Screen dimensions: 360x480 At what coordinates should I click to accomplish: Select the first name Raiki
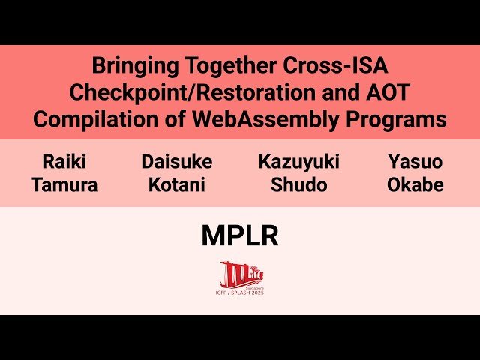coord(64,161)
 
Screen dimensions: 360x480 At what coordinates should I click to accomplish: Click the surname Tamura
coord(64,184)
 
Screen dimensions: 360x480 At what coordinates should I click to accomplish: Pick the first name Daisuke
coord(176,161)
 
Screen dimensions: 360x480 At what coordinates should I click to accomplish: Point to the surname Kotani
coord(176,184)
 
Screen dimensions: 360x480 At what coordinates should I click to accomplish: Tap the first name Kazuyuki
coord(298,161)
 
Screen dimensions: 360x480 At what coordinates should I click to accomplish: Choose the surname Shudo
coord(298,184)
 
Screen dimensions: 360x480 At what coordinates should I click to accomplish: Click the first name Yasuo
coord(415,161)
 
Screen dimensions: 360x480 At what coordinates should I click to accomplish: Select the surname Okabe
coord(415,184)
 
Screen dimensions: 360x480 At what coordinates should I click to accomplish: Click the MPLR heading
coord(240,235)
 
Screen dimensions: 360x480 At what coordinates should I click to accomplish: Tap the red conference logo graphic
coord(241,273)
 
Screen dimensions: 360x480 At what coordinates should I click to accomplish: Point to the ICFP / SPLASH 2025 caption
coord(241,292)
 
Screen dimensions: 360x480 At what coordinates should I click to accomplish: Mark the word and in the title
coord(334,92)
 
